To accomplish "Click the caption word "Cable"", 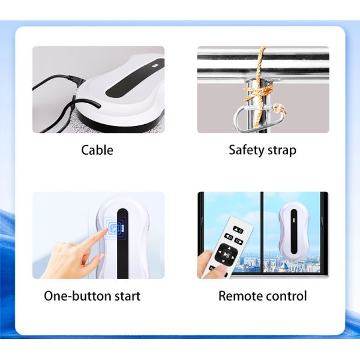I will coord(97,150).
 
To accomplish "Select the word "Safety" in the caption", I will coord(246,150).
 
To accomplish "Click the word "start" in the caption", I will coord(126,296).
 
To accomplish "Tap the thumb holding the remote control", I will coord(218,269).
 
